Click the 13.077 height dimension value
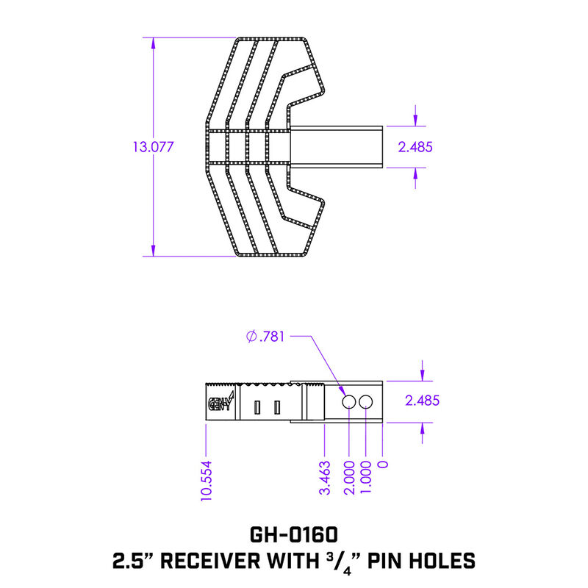[153, 147]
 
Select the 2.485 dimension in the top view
[415, 147]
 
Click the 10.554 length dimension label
[207, 480]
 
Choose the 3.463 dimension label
[324, 478]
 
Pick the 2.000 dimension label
[348, 478]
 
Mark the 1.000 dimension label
[366, 478]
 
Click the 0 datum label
[382, 465]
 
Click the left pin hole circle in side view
[349, 401]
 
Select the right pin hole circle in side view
[367, 401]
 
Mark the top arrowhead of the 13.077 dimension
[154, 41]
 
